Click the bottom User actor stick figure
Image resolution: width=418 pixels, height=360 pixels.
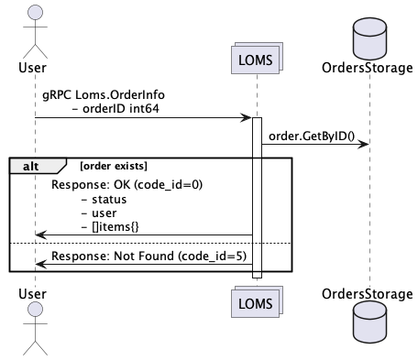point(34,330)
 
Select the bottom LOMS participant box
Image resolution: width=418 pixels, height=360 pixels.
point(257,301)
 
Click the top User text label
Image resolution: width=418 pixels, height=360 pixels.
point(34,67)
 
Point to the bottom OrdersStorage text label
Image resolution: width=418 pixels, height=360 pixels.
point(368,294)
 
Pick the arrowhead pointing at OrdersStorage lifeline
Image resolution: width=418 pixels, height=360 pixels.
point(364,144)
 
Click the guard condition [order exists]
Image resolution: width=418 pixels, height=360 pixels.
point(114,165)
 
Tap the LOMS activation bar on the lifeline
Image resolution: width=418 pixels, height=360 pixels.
point(257,197)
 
